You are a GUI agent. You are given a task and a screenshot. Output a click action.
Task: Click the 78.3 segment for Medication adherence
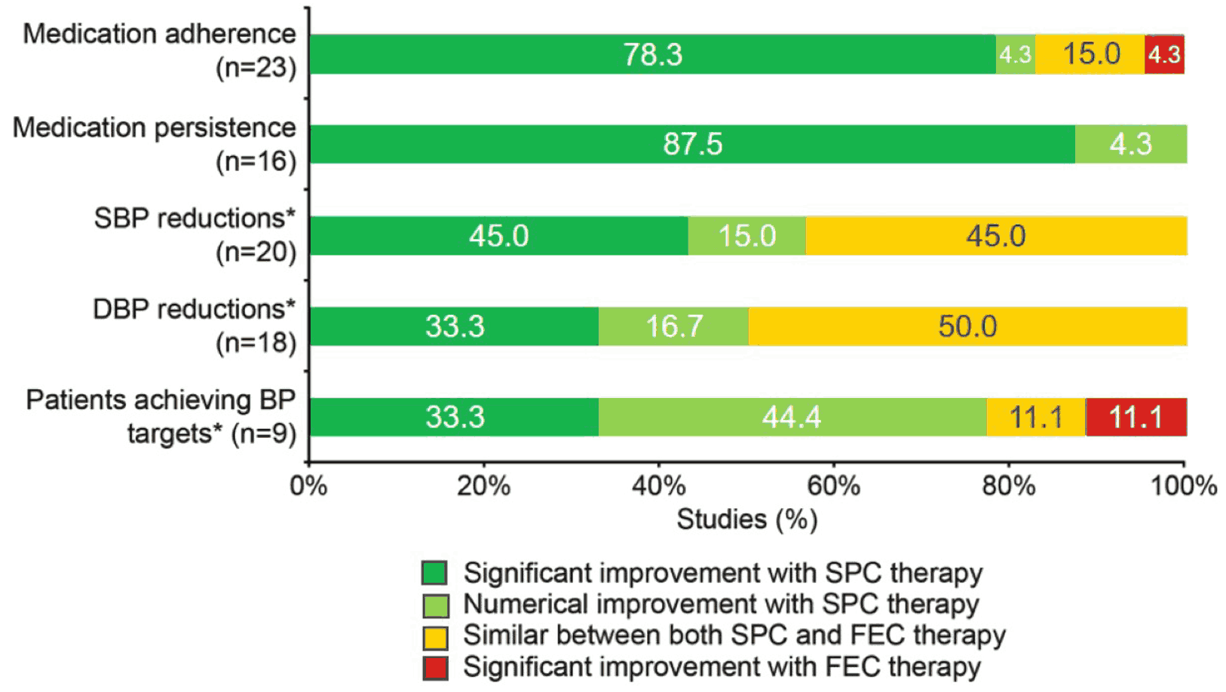pos(652,54)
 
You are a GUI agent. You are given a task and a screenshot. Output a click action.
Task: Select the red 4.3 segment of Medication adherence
pos(1165,54)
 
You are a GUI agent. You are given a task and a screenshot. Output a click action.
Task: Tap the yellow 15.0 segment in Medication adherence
pos(1090,54)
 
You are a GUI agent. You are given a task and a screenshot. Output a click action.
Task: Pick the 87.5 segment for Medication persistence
pos(692,144)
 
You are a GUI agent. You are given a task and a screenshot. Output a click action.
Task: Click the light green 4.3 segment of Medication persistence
pos(1131,144)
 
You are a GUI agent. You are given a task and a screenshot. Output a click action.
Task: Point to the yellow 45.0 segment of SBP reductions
pos(997,236)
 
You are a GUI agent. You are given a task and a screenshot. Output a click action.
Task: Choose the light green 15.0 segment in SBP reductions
pos(747,236)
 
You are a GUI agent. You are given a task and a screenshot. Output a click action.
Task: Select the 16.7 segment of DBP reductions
pos(674,326)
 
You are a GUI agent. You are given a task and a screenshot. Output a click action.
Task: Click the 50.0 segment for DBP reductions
pos(968,326)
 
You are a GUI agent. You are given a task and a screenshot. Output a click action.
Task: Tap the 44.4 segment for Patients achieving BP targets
pos(792,417)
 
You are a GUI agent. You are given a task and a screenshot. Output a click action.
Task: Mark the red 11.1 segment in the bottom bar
pos(1137,417)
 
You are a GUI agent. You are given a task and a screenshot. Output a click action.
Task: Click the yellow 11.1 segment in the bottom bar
pos(1037,417)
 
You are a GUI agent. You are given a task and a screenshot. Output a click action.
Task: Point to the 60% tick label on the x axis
pos(834,485)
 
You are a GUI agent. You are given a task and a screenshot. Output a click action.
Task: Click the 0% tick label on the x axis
pos(308,485)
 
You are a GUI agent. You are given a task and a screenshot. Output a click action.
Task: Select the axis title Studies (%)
pos(747,519)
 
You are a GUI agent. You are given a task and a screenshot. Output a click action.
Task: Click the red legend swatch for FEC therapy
pos(435,668)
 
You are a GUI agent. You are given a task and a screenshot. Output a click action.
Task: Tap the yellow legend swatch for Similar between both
pos(435,637)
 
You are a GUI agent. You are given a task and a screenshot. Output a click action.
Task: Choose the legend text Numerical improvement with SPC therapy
pos(722,605)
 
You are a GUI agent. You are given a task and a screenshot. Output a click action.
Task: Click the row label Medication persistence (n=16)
pos(155,144)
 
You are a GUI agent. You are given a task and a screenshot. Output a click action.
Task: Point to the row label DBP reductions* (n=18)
pos(195,326)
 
